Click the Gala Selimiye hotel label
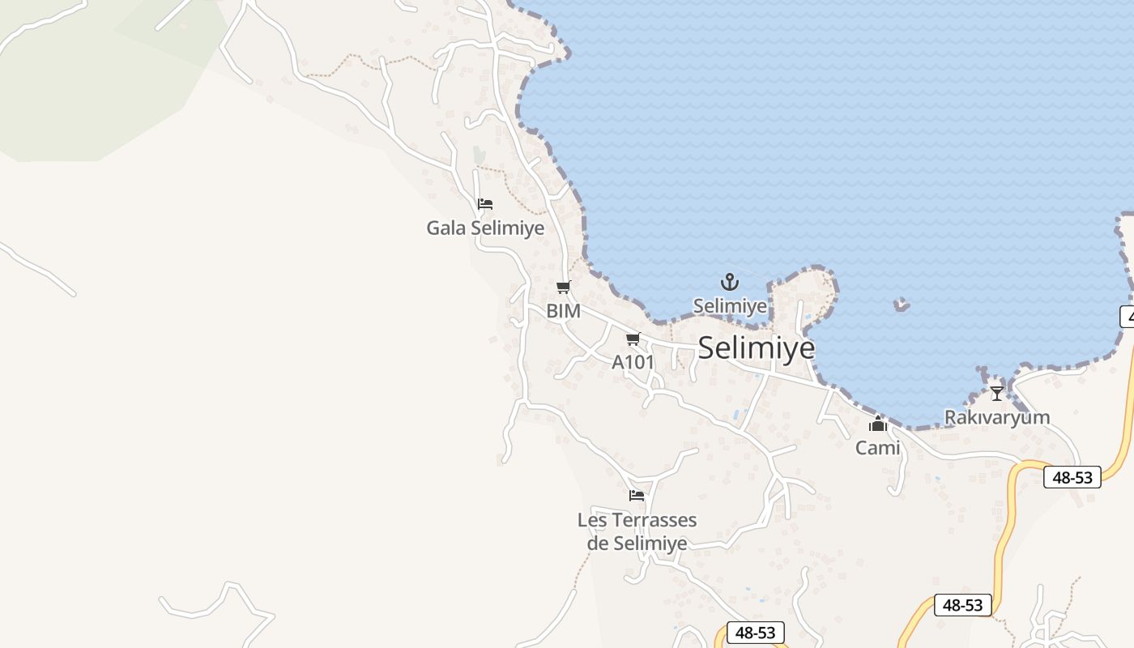[x=485, y=228]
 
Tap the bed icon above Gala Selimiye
[x=485, y=204]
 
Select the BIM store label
[x=563, y=311]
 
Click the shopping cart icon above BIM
[x=563, y=287]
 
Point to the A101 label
[x=633, y=362]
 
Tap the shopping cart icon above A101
[x=633, y=339]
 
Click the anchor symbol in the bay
[x=730, y=282]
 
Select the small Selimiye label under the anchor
[x=730, y=306]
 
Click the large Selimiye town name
[x=756, y=347]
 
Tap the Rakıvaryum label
[x=997, y=418]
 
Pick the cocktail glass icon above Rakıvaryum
[x=997, y=393]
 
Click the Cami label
[x=878, y=447]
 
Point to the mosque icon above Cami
[x=878, y=424]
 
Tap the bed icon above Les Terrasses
[x=637, y=495]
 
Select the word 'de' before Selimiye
[x=598, y=544]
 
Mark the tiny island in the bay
[x=902, y=305]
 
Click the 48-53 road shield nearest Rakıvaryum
[x=1072, y=477]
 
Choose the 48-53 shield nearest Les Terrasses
[x=756, y=633]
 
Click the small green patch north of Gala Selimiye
[x=480, y=154]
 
